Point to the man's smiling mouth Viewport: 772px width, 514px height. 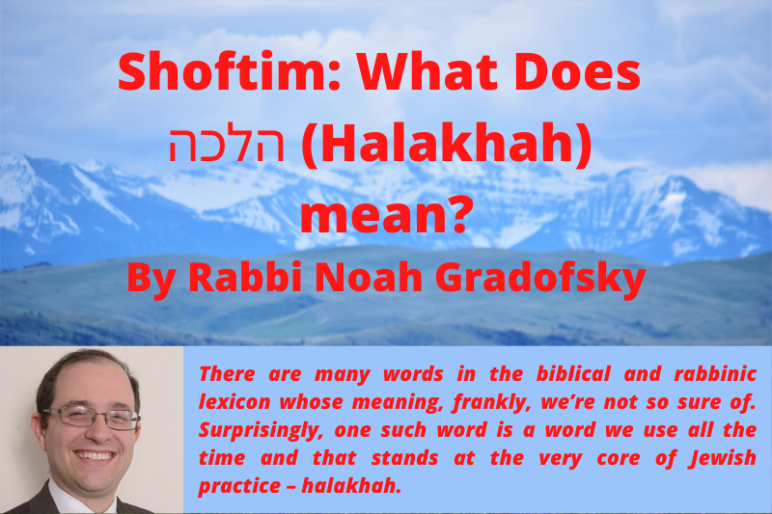tap(97, 454)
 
